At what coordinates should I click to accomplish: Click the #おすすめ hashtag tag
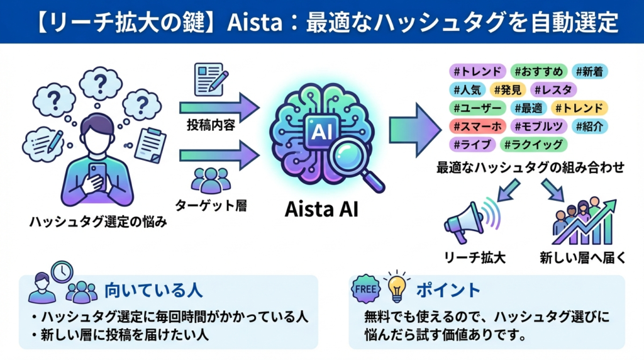(539, 71)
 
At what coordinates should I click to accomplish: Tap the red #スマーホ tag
(477, 126)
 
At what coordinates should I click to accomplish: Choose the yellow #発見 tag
(506, 89)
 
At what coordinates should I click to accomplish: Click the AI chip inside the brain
(318, 130)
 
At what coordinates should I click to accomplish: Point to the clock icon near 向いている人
(62, 271)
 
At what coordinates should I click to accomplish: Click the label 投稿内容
(211, 125)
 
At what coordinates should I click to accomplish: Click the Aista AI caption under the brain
(321, 208)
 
